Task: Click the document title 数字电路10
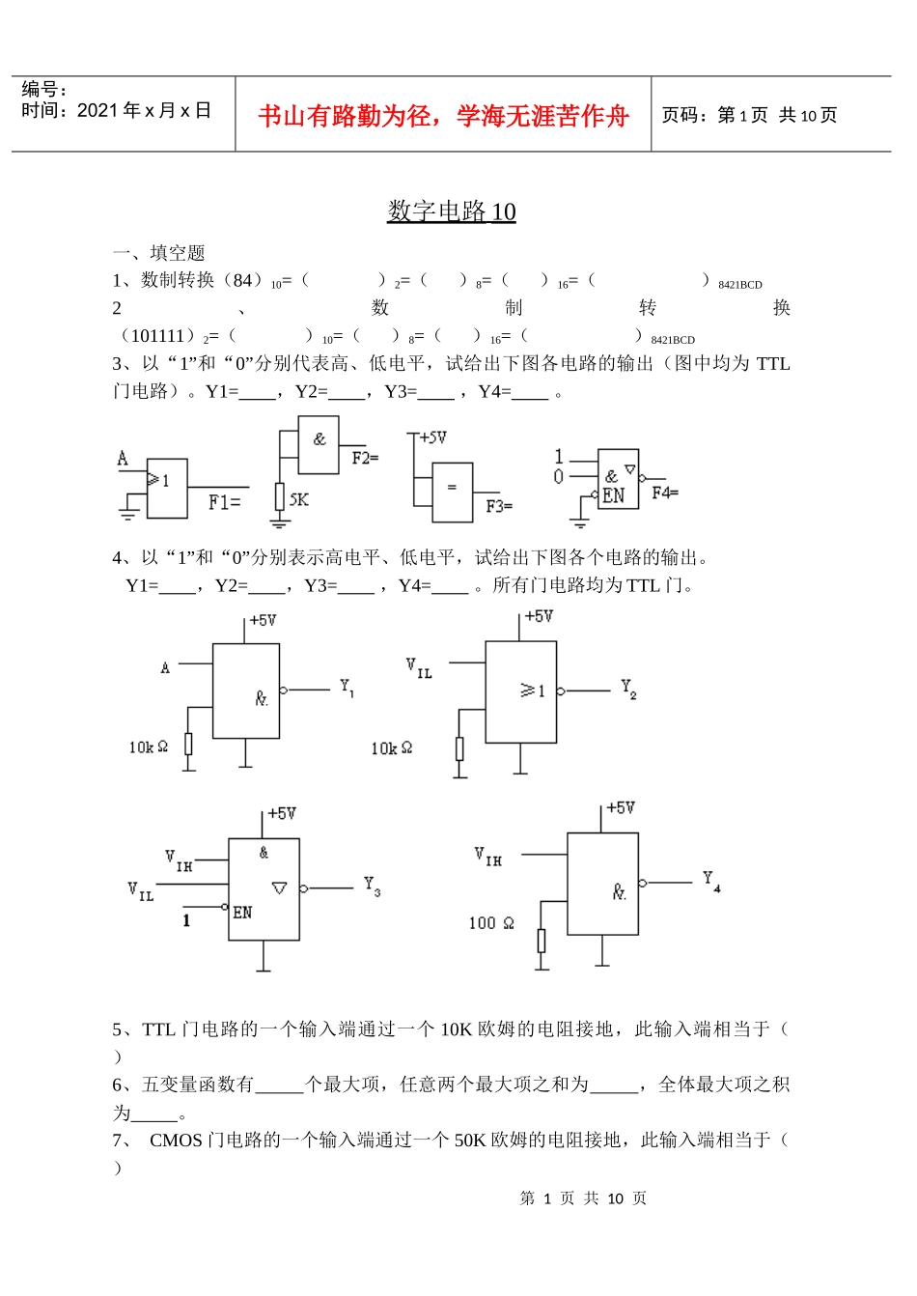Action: pyautogui.click(x=451, y=211)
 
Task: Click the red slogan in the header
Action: pyautogui.click(x=443, y=116)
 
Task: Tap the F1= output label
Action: pyautogui.click(x=224, y=502)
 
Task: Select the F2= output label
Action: pyautogui.click(x=365, y=458)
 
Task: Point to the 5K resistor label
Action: pyautogui.click(x=299, y=499)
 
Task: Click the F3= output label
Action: pyautogui.click(x=499, y=506)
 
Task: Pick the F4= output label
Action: pyautogui.click(x=665, y=493)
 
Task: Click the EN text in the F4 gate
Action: pyautogui.click(x=614, y=496)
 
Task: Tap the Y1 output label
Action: pyautogui.click(x=347, y=688)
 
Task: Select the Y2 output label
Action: pyautogui.click(x=628, y=689)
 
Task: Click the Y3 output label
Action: pyautogui.click(x=372, y=886)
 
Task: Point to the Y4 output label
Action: pyautogui.click(x=711, y=881)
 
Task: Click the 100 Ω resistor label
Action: pyautogui.click(x=491, y=923)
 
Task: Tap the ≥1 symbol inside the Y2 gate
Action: pyautogui.click(x=532, y=690)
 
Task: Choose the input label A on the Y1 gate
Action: pyautogui.click(x=165, y=667)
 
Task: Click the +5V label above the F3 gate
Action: pyautogui.click(x=432, y=437)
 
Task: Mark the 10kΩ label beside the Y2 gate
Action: pyautogui.click(x=391, y=748)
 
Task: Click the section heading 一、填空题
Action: pyautogui.click(x=158, y=253)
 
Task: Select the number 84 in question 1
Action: pyautogui.click(x=242, y=280)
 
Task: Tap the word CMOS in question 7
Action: pyautogui.click(x=176, y=1141)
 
